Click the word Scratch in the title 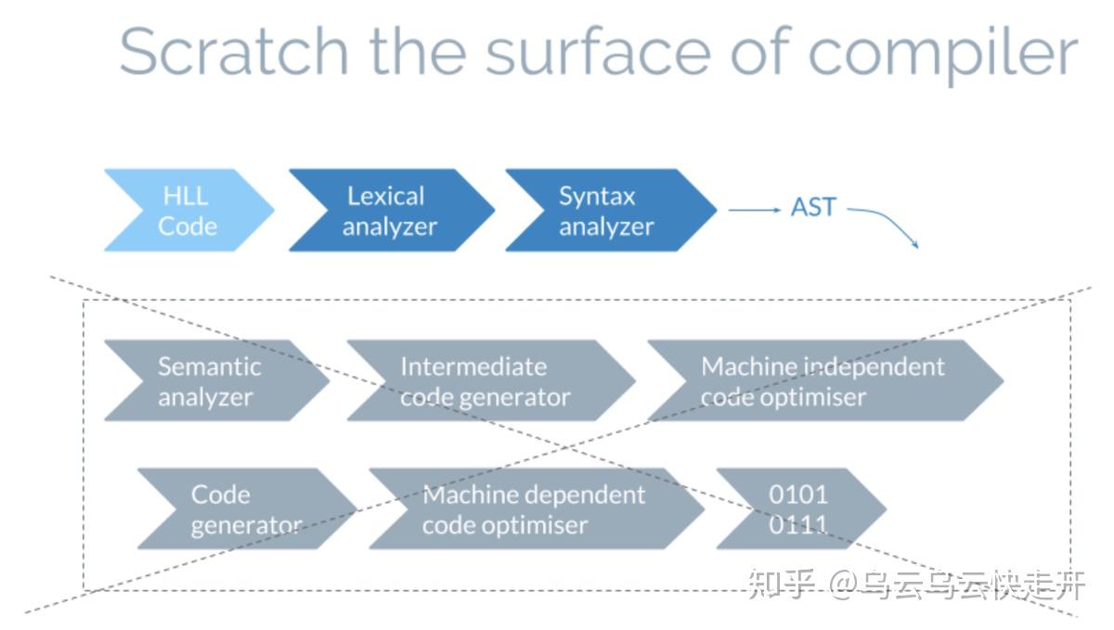(x=234, y=51)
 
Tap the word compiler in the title (x=943, y=56)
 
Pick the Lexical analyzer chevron (x=392, y=211)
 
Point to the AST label (x=813, y=207)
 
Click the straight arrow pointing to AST (x=755, y=211)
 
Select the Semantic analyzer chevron (x=217, y=381)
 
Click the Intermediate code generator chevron (x=491, y=381)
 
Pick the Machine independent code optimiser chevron (x=825, y=381)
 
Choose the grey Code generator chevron (x=247, y=508)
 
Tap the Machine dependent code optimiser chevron (x=538, y=508)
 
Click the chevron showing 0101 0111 (x=801, y=508)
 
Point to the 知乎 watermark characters (x=782, y=585)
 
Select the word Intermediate (x=473, y=367)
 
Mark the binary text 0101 (x=798, y=495)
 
